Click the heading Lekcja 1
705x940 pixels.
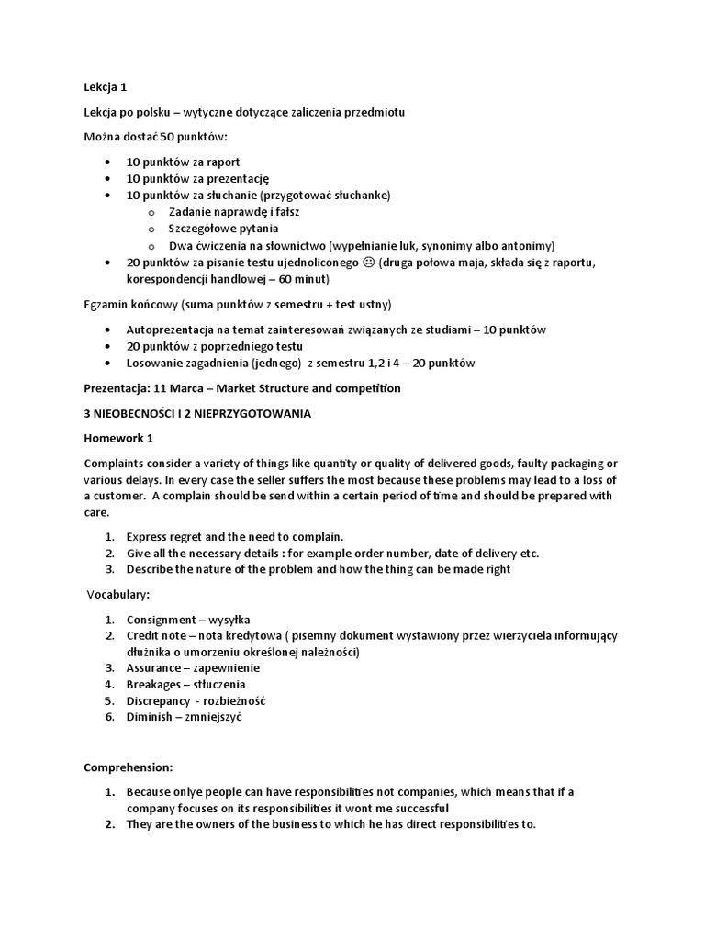pos(105,87)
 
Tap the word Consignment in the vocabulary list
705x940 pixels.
pos(161,619)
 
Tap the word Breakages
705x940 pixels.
pos(155,684)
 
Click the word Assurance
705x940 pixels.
pos(154,667)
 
